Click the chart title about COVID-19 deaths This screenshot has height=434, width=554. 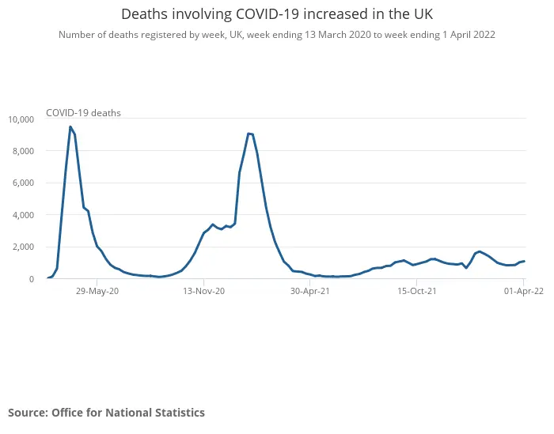tap(277, 14)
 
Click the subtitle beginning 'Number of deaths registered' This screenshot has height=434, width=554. tap(277, 35)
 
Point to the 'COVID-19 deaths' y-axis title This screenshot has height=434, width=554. tap(83, 113)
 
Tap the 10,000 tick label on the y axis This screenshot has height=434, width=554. tap(21, 119)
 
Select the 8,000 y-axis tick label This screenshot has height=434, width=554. tap(23, 151)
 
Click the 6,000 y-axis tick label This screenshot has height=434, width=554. tap(23, 183)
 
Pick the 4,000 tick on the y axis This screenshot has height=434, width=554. tap(23, 215)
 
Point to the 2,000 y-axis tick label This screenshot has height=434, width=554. tap(23, 247)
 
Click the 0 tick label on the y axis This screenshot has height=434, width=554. tap(31, 279)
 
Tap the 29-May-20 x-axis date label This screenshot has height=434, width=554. tap(97, 291)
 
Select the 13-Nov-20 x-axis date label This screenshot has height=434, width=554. tap(204, 291)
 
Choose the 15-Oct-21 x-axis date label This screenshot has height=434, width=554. tap(417, 291)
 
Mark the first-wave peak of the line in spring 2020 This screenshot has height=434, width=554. tap(70, 126)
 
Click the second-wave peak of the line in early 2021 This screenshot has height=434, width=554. tap(249, 133)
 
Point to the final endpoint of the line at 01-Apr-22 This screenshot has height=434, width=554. tap(524, 261)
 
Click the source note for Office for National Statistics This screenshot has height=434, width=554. tap(106, 413)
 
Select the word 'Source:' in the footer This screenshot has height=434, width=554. tap(28, 413)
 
